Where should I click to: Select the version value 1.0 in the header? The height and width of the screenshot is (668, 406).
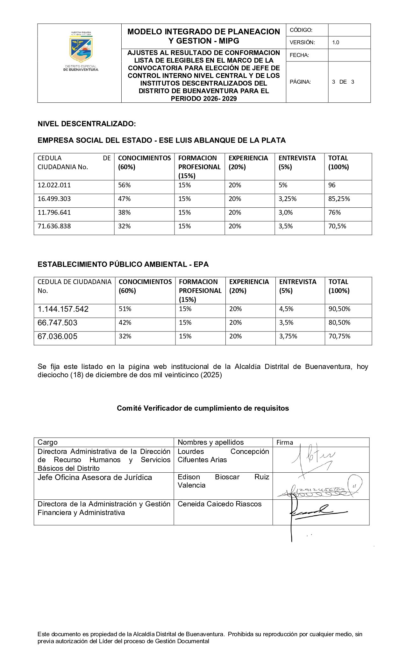(336, 42)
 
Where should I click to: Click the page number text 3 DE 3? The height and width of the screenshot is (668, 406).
(343, 82)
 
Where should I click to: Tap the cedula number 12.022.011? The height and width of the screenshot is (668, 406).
(54, 185)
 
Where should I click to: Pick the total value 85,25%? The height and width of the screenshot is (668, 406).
(339, 199)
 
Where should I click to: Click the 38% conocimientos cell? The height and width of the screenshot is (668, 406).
(125, 212)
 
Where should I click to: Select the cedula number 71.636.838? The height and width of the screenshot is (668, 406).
(54, 226)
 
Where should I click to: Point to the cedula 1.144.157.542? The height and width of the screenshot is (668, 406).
(63, 309)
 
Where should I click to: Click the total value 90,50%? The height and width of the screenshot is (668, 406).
(339, 309)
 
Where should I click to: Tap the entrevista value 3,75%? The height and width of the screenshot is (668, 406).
(288, 336)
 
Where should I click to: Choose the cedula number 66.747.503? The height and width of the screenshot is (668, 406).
(57, 323)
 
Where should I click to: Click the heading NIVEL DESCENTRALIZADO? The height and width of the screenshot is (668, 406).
(87, 124)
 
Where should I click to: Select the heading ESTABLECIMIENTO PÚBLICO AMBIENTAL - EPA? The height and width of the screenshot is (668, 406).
(123, 264)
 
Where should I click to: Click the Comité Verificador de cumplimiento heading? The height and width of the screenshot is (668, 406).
(203, 408)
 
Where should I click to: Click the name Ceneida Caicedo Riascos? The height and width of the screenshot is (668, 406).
(219, 504)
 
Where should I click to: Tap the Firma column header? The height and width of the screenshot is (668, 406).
(285, 442)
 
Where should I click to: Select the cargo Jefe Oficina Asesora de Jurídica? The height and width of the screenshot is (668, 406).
(95, 477)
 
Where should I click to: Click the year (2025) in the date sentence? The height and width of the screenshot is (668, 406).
(211, 375)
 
